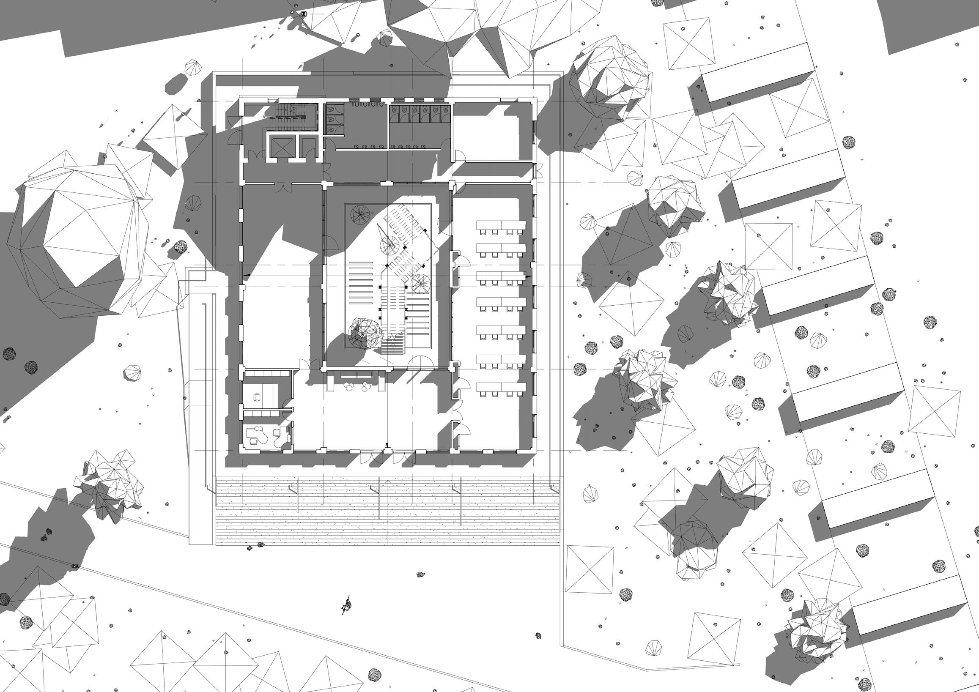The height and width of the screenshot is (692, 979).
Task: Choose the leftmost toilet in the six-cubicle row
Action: pos(396,110)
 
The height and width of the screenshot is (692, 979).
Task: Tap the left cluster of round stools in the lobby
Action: pos(350,386)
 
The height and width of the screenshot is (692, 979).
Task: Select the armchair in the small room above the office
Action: pos(257,397)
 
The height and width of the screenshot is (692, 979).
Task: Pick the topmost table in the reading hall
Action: pos(501,225)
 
